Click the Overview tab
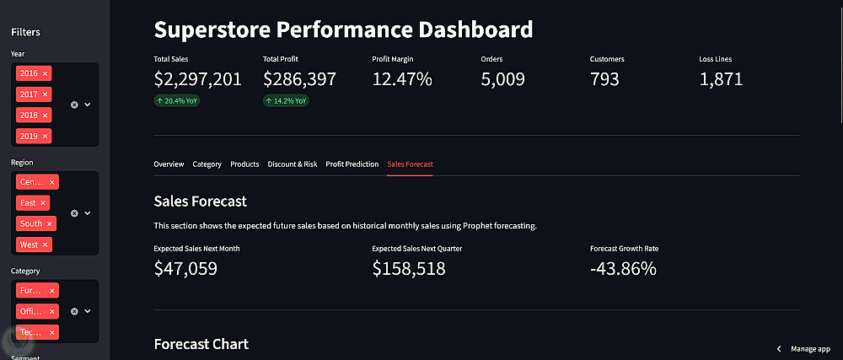click(x=169, y=164)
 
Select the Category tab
click(x=207, y=164)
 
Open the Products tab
click(x=244, y=164)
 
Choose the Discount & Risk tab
click(x=293, y=164)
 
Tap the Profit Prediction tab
click(x=352, y=164)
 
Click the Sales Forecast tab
click(x=410, y=164)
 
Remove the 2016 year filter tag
click(x=46, y=73)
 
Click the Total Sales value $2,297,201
click(x=198, y=80)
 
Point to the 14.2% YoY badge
click(x=286, y=101)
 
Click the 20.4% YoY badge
click(x=177, y=101)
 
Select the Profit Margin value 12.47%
click(x=402, y=80)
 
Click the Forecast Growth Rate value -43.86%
click(x=624, y=269)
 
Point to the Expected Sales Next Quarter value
click(x=409, y=269)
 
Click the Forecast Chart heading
click(x=201, y=344)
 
